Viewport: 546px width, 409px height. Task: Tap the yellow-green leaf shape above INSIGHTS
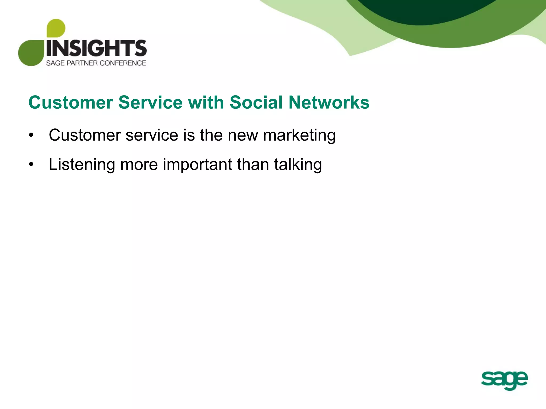[56, 28]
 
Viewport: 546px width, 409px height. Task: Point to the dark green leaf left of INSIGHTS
[31, 53]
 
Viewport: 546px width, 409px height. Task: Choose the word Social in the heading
[256, 103]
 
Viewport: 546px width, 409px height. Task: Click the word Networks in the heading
[329, 103]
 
